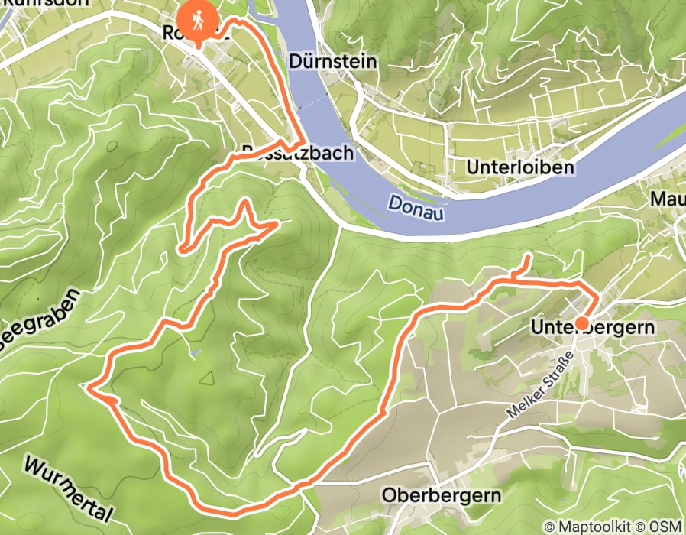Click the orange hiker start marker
point(198,20)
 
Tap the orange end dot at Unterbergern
point(581,323)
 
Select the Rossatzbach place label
point(297,153)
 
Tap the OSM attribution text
point(667,526)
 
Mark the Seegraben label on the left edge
point(38,322)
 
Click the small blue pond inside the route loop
point(197,353)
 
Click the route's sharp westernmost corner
point(89,389)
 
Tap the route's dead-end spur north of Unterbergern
point(526,261)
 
